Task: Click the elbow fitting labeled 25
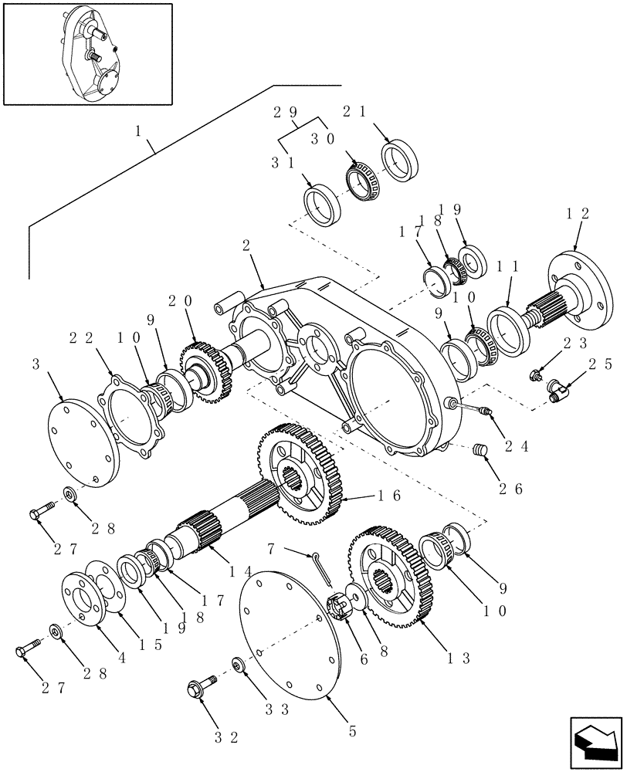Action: tap(558, 390)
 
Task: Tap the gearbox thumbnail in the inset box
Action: tap(86, 53)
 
